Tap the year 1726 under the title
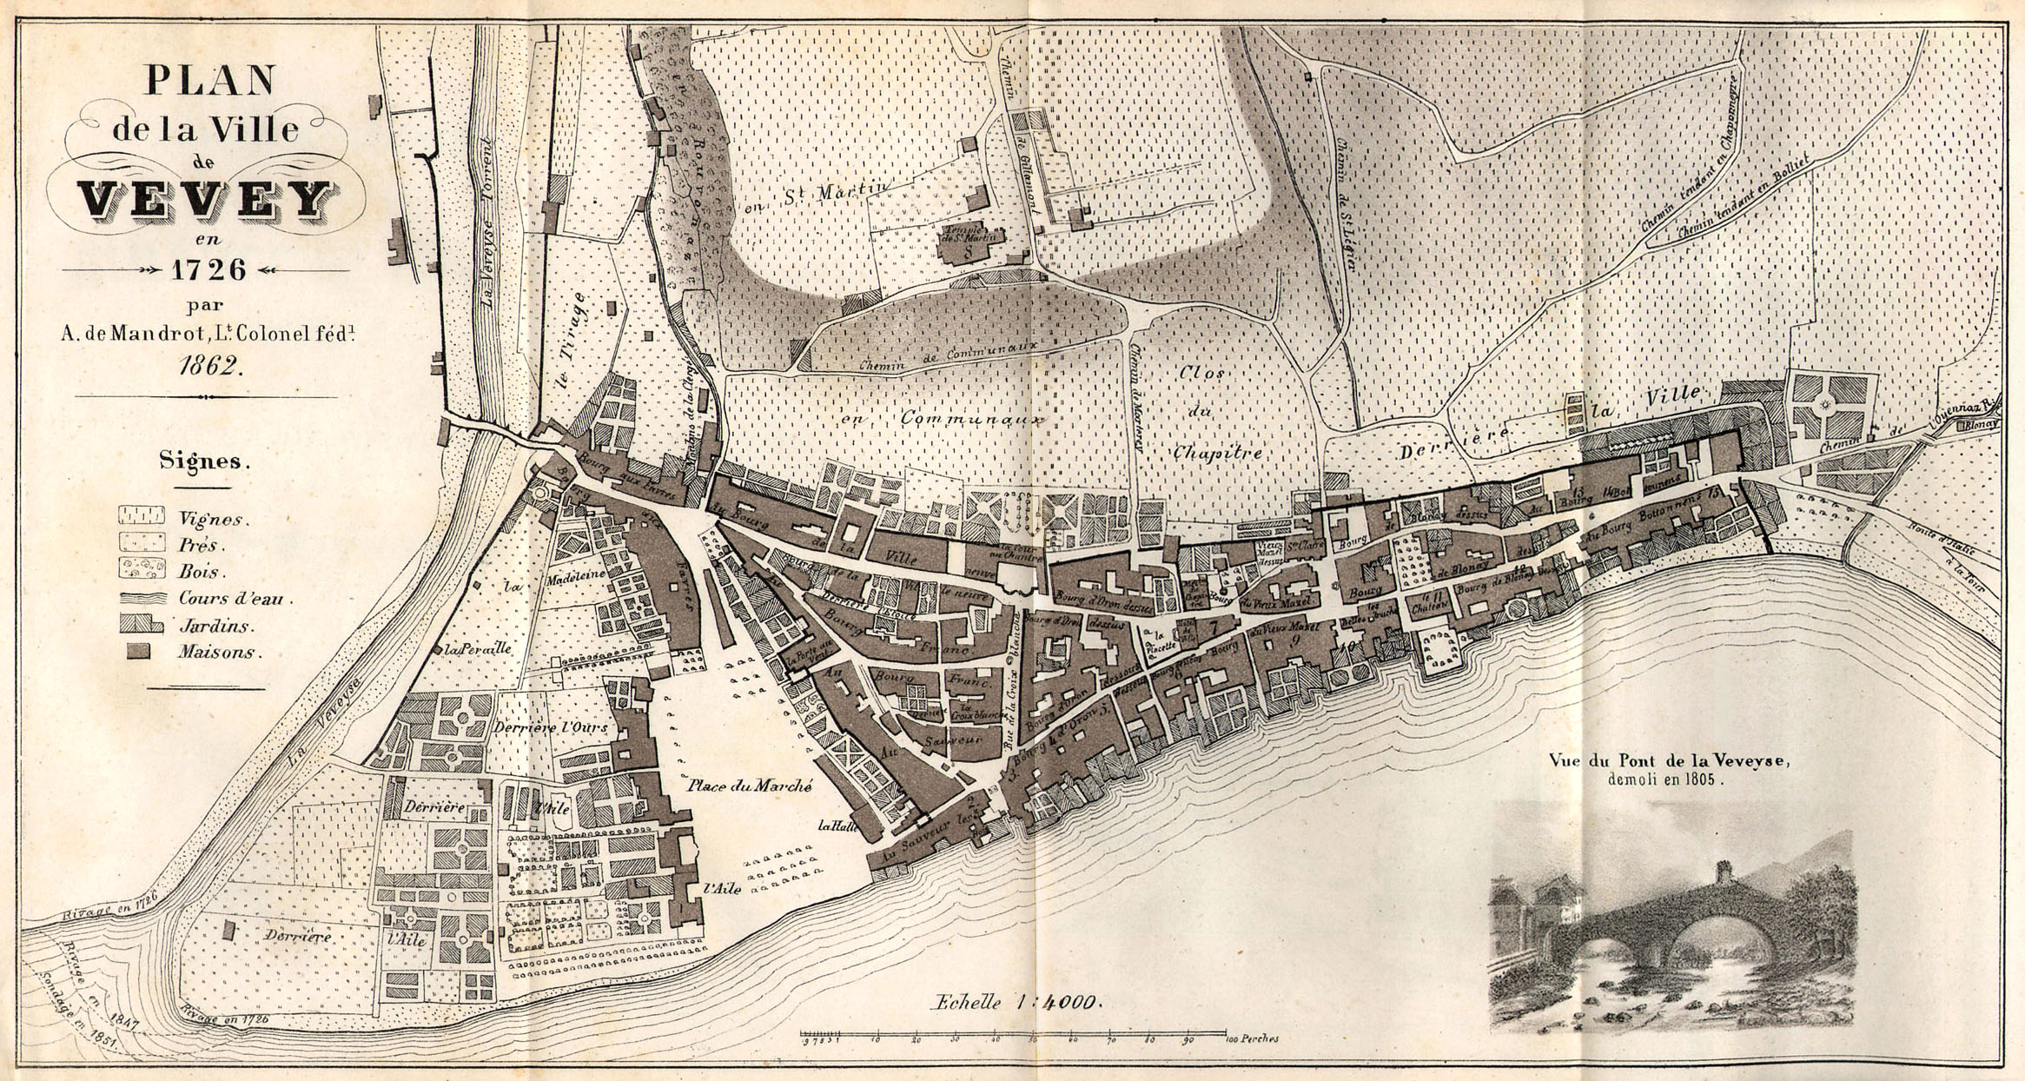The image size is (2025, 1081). point(208,269)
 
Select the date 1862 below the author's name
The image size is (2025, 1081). point(208,365)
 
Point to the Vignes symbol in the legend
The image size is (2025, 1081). point(141,514)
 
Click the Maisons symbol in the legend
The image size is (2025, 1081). point(137,652)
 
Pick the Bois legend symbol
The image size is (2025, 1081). point(141,569)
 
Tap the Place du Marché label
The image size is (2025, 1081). point(750,786)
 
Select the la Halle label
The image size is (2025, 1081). point(837,826)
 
